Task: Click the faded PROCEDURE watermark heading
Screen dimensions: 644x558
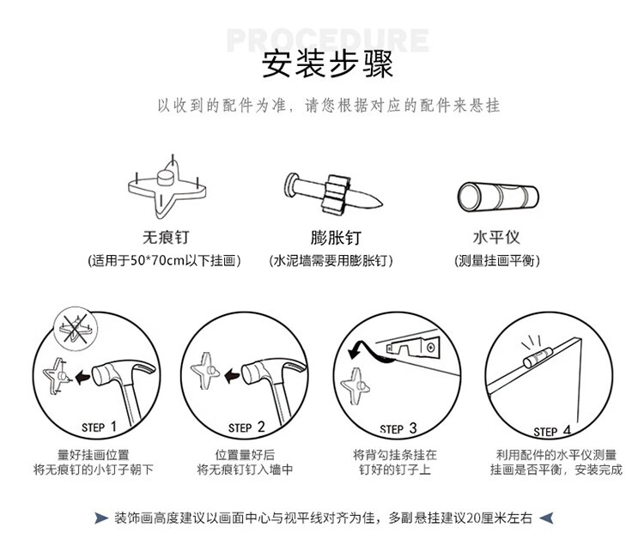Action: tap(327, 39)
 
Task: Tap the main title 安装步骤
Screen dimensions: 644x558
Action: tap(327, 64)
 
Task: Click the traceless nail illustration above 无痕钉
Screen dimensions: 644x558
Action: tap(167, 187)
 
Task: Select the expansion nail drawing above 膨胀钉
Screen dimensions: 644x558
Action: tap(332, 193)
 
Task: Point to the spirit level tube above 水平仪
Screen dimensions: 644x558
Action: tap(498, 197)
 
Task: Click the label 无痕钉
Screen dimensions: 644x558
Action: tap(166, 237)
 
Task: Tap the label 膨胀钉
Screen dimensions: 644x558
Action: tap(336, 238)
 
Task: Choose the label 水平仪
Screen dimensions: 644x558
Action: tap(496, 237)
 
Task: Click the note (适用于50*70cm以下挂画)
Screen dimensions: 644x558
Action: tap(164, 260)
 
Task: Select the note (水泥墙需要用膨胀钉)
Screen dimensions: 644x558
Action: tap(331, 260)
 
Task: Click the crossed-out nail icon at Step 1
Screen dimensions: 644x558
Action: tap(76, 329)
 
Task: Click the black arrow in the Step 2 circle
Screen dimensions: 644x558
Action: tap(232, 376)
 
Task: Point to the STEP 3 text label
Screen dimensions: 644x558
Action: tap(398, 428)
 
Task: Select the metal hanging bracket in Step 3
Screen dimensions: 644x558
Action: tap(413, 348)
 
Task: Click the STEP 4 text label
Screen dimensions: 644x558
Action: tap(552, 431)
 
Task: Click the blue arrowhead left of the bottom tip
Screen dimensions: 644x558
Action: tap(101, 519)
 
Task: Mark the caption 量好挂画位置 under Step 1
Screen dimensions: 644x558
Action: tap(94, 454)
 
